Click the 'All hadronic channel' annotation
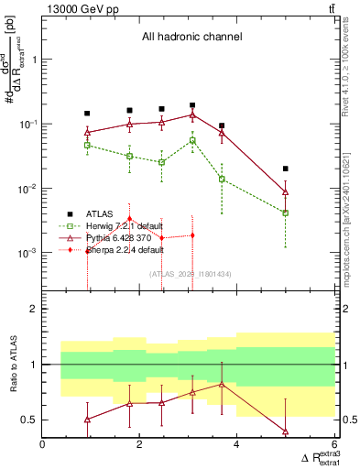190,38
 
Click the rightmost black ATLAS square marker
286,169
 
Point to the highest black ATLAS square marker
192,106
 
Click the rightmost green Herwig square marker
286,213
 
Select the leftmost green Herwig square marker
87,145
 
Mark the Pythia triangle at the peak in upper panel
192,115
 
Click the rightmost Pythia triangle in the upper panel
286,192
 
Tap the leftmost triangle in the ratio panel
87,420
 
